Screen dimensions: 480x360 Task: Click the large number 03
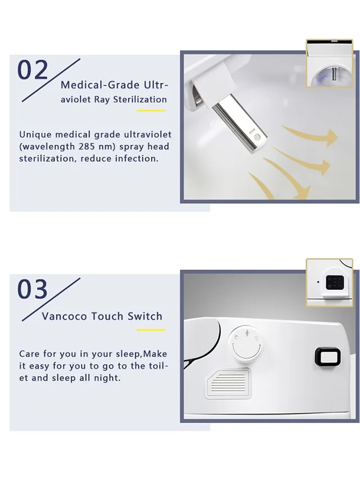click(x=33, y=289)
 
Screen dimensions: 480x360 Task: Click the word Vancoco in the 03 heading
click(x=63, y=316)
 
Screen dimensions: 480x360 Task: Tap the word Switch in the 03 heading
click(x=145, y=316)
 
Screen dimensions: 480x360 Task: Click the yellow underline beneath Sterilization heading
click(x=151, y=110)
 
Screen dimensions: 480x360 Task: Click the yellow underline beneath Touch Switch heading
click(x=151, y=330)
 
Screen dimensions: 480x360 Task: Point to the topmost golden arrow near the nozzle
click(x=309, y=137)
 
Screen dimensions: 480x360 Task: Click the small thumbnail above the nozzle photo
click(x=329, y=63)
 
